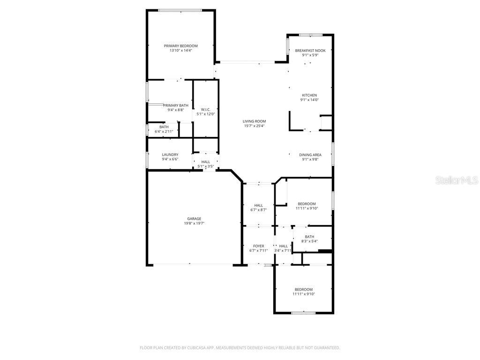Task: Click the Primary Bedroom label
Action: (x=180, y=46)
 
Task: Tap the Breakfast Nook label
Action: (x=310, y=51)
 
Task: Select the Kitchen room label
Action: (x=309, y=95)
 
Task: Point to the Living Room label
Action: (x=255, y=121)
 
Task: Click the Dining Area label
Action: (x=310, y=155)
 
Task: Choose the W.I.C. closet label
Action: (x=205, y=110)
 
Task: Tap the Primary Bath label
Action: (x=176, y=105)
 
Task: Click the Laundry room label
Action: (x=170, y=155)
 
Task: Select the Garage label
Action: (x=194, y=218)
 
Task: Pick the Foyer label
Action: (x=258, y=246)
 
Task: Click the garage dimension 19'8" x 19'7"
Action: (x=194, y=223)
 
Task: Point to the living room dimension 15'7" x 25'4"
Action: (x=255, y=126)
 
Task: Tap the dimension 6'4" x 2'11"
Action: (x=164, y=131)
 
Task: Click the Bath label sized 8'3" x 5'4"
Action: (x=309, y=237)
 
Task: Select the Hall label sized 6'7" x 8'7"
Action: (x=258, y=205)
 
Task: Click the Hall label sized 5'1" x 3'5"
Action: (x=205, y=162)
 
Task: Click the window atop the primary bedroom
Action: (x=180, y=10)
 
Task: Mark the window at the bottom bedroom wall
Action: (x=303, y=312)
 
